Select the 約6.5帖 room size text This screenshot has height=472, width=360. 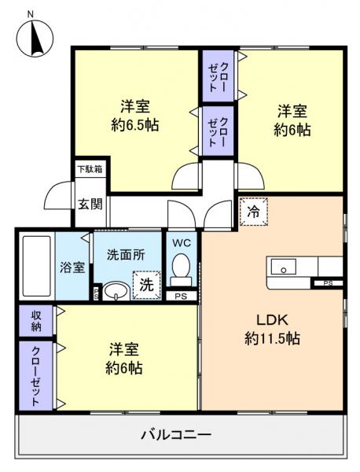pos(134,124)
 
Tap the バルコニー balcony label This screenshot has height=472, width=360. pos(176,433)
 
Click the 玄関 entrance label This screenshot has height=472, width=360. pos(89,205)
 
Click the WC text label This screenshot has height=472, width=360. pos(182,242)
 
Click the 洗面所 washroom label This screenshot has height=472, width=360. pos(125,255)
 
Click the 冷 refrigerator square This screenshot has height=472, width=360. pos(253,212)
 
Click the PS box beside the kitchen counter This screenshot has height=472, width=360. pos(327,282)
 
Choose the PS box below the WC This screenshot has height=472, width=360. pos(182,296)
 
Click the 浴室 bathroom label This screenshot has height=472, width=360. pos(72,266)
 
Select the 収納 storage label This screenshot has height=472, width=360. pos(36,320)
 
